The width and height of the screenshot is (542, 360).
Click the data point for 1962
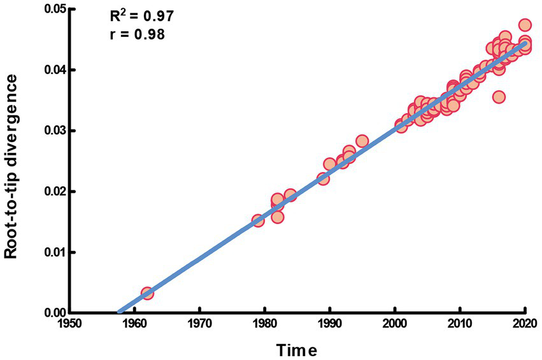[147, 293]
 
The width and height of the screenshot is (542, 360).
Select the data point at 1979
[258, 220]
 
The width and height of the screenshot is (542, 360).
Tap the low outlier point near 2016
[499, 97]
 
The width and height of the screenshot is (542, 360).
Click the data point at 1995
[362, 141]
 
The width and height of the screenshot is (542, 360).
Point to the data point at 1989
[323, 178]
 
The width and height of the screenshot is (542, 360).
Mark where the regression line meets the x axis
[119, 312]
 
